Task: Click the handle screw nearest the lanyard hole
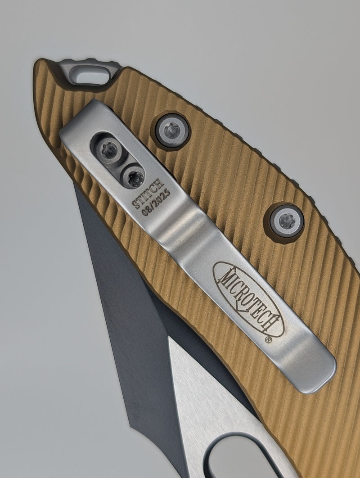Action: [x=172, y=131]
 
